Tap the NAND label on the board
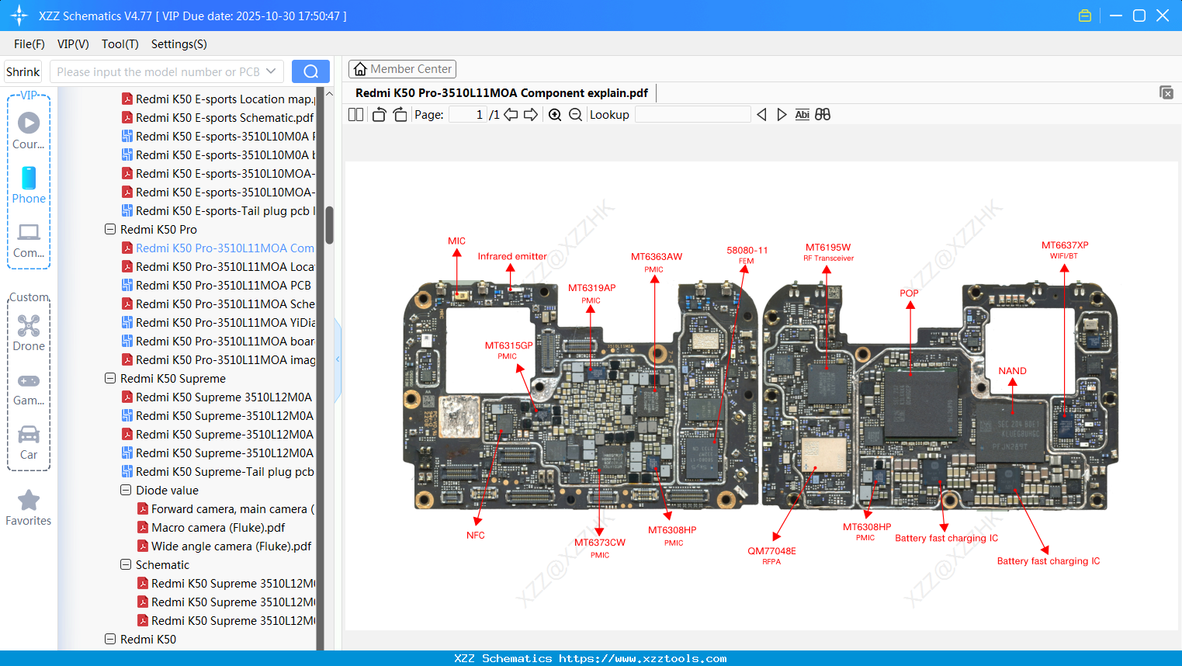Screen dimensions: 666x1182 (1012, 371)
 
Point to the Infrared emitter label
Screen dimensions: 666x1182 (511, 256)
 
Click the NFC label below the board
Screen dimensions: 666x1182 (475, 536)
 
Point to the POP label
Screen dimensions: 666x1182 (909, 293)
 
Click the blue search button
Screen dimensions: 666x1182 (310, 71)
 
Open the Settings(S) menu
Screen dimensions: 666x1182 (179, 44)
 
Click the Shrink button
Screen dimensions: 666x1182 (23, 71)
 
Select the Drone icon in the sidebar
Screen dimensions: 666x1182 (29, 332)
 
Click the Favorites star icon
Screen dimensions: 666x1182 (29, 501)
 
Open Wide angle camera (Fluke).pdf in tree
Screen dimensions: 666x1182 (231, 546)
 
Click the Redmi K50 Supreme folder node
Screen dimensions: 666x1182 (172, 379)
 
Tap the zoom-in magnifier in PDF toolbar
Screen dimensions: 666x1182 (555, 115)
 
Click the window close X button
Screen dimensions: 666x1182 (1163, 16)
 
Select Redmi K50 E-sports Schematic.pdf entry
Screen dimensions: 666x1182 (224, 118)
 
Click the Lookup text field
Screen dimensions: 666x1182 (692, 115)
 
